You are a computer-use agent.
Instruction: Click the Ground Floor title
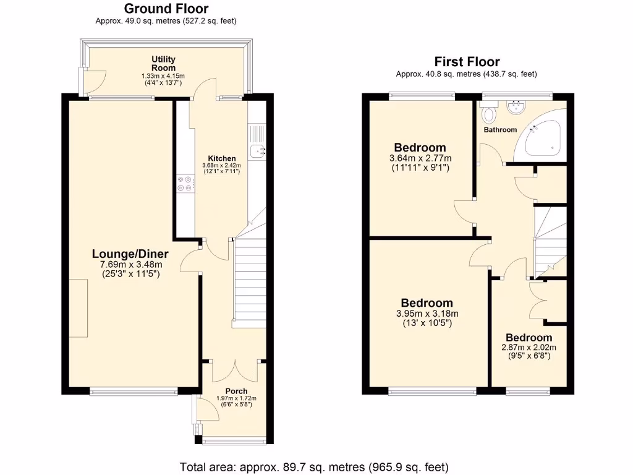(x=166, y=9)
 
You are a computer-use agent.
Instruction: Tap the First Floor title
(x=467, y=61)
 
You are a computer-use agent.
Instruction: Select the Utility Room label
(x=163, y=63)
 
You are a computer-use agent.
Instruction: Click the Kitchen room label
(x=221, y=158)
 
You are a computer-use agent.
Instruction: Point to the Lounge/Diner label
(x=130, y=254)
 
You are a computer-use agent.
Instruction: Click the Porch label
(x=236, y=391)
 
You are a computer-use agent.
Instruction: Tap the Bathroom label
(x=500, y=130)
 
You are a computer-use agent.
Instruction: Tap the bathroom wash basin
(x=514, y=108)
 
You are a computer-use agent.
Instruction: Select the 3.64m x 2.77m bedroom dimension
(x=420, y=158)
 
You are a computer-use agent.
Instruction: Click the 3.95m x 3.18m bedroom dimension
(x=427, y=314)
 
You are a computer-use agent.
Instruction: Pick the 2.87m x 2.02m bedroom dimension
(x=529, y=348)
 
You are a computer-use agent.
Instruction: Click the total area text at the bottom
(x=314, y=466)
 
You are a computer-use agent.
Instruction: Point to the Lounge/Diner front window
(x=134, y=391)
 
